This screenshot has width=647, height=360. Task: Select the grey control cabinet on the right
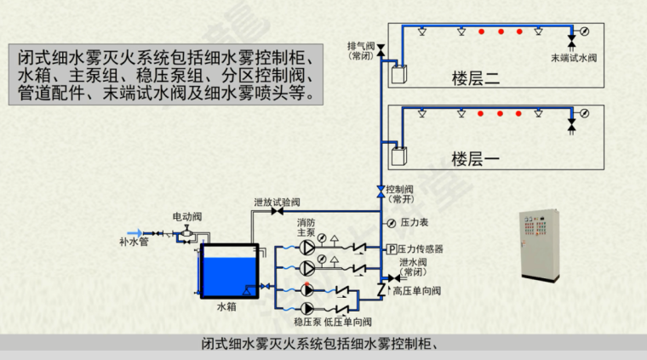pyautogui.click(x=541, y=243)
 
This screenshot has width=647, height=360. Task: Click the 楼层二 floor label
pyautogui.click(x=476, y=80)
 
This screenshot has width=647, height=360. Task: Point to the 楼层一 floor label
pyautogui.click(x=476, y=158)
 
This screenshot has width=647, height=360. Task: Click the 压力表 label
pyautogui.click(x=412, y=223)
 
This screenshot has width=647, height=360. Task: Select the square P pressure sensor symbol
pyautogui.click(x=392, y=249)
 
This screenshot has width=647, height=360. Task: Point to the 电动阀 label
pyautogui.click(x=186, y=217)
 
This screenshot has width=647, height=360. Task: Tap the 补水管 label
pyautogui.click(x=134, y=243)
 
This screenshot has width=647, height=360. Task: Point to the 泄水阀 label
pyautogui.click(x=412, y=262)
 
